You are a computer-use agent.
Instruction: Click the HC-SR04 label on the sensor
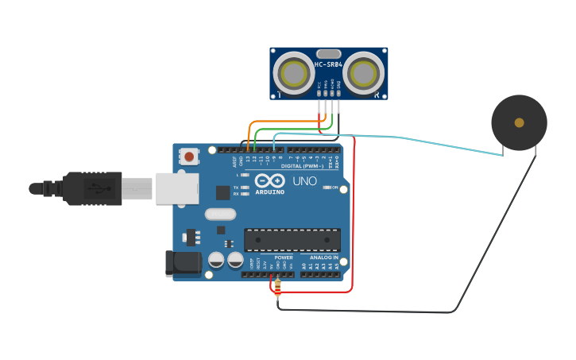(x=328, y=65)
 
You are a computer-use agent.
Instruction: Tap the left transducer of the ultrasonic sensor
(x=293, y=73)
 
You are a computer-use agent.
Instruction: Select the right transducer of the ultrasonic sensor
(x=364, y=73)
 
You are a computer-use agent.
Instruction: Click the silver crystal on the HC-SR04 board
(x=328, y=54)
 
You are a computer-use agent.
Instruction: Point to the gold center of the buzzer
(x=519, y=122)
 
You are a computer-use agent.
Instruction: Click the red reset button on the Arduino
(x=189, y=157)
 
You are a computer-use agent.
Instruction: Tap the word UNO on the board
(x=304, y=181)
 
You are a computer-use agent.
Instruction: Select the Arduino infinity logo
(x=270, y=180)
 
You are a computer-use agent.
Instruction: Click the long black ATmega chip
(x=292, y=239)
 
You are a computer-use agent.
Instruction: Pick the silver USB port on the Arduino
(x=176, y=188)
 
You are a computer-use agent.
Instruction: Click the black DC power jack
(x=180, y=264)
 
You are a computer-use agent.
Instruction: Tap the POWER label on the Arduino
(x=284, y=257)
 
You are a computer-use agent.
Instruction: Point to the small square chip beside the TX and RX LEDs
(x=223, y=192)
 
